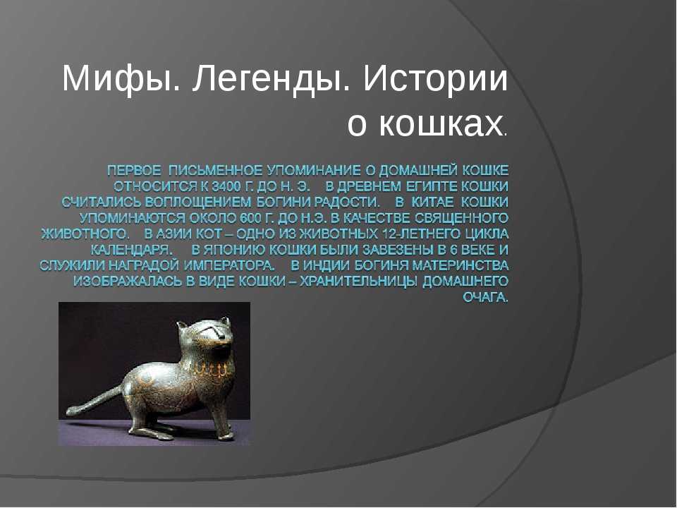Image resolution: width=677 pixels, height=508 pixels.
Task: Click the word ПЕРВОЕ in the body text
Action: click(x=133, y=171)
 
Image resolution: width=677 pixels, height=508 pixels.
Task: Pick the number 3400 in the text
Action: click(x=226, y=186)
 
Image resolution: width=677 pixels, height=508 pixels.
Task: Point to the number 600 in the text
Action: click(x=248, y=218)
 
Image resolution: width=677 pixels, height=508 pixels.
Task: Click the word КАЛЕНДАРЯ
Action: click(x=131, y=250)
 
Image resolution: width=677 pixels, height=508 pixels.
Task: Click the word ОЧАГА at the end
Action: click(x=485, y=297)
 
